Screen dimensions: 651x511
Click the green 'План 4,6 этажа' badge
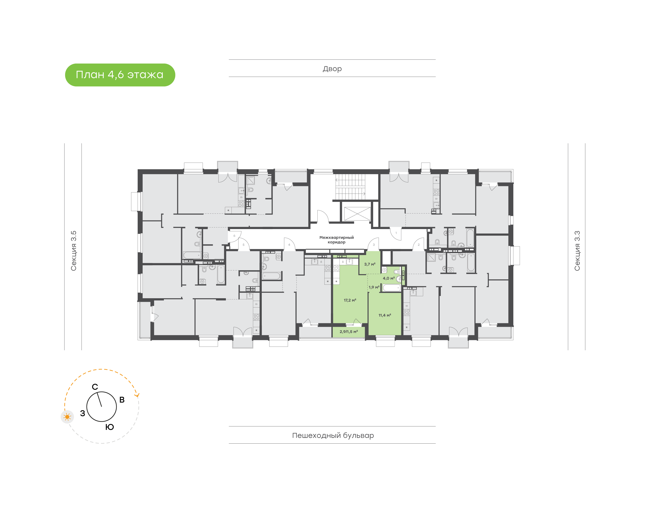[x=120, y=75]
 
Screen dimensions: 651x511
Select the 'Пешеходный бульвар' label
[x=333, y=435]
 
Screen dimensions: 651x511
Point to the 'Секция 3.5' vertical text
[x=73, y=251]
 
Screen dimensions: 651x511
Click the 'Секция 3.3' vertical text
[x=577, y=251]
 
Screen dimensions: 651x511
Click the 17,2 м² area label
[x=350, y=300]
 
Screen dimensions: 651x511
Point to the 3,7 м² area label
[x=370, y=264]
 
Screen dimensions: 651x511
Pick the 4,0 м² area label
[x=389, y=278]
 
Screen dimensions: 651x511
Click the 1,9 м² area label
[x=374, y=287]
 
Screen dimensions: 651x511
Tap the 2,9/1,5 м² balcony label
[x=349, y=331]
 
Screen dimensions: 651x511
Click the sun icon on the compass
[x=67, y=417]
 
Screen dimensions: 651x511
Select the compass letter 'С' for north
[x=95, y=387]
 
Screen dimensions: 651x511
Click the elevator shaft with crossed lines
[x=357, y=214]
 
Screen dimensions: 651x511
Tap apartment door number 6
[x=234, y=236]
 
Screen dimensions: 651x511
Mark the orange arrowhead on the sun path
[x=137, y=395]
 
